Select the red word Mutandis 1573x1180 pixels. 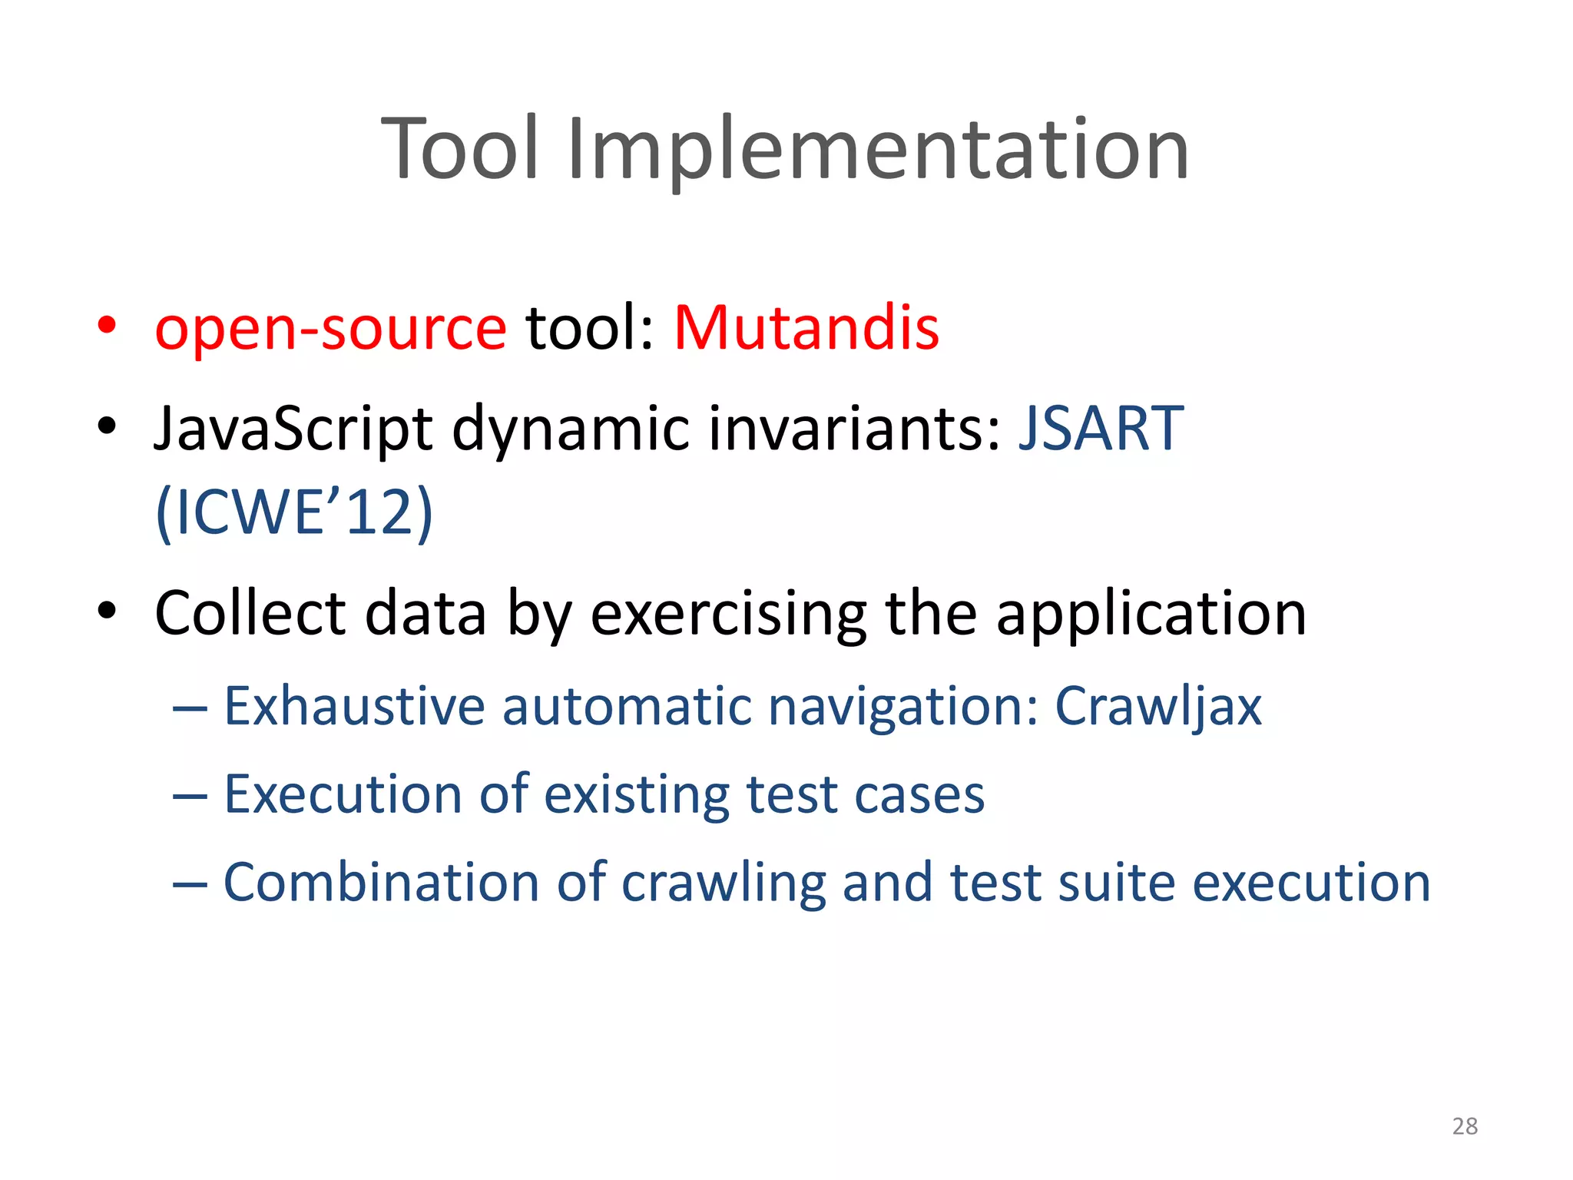click(x=806, y=328)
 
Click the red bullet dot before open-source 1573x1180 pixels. click(x=107, y=325)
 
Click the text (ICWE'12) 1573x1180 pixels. click(x=294, y=513)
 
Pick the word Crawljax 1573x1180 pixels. click(x=1157, y=707)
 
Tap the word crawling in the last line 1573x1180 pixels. click(x=723, y=883)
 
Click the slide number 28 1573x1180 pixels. click(x=1465, y=1126)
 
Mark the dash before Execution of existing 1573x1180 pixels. click(x=190, y=797)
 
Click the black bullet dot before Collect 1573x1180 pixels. click(x=107, y=612)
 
